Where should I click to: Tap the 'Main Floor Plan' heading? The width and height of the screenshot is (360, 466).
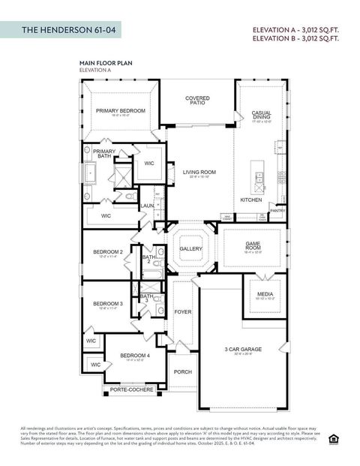click(106, 64)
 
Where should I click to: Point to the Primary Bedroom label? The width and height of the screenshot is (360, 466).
click(120, 111)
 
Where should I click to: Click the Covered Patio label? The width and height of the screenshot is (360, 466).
click(197, 100)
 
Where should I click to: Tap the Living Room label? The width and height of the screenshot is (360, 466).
click(199, 173)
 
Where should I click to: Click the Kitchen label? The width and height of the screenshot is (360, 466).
click(251, 200)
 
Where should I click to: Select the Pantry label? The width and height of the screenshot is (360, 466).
click(277, 211)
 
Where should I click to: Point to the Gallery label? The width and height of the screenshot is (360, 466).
click(191, 248)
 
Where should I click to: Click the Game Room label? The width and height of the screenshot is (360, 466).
click(253, 246)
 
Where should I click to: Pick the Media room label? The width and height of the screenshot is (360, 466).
click(265, 295)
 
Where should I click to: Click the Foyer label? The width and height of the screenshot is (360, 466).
click(183, 311)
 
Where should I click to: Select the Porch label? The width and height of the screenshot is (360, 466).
click(182, 371)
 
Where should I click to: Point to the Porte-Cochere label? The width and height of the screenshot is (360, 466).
click(132, 389)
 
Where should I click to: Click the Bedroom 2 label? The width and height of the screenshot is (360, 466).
click(107, 252)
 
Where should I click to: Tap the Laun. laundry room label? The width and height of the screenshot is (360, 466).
click(147, 206)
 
